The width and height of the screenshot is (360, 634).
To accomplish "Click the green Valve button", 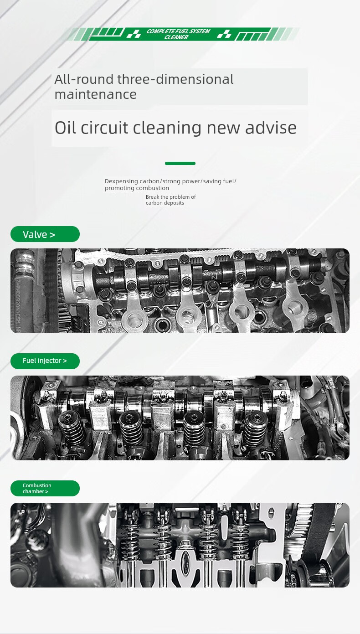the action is click(x=45, y=234).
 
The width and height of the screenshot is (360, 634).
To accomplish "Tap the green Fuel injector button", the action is click(x=45, y=361).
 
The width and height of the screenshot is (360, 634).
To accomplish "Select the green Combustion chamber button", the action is click(x=45, y=488).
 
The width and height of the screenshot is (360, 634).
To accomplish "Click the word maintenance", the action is click(x=95, y=94).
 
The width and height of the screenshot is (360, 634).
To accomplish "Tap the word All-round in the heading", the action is click(x=84, y=79).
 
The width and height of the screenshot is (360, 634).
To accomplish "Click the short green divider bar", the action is click(x=180, y=163).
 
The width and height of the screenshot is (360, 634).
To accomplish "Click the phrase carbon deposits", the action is click(x=165, y=203).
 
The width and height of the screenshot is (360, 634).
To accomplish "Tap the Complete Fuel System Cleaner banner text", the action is click(x=178, y=34).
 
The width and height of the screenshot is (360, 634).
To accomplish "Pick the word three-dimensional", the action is click(x=175, y=79).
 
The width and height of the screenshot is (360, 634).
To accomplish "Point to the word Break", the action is click(x=152, y=197).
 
